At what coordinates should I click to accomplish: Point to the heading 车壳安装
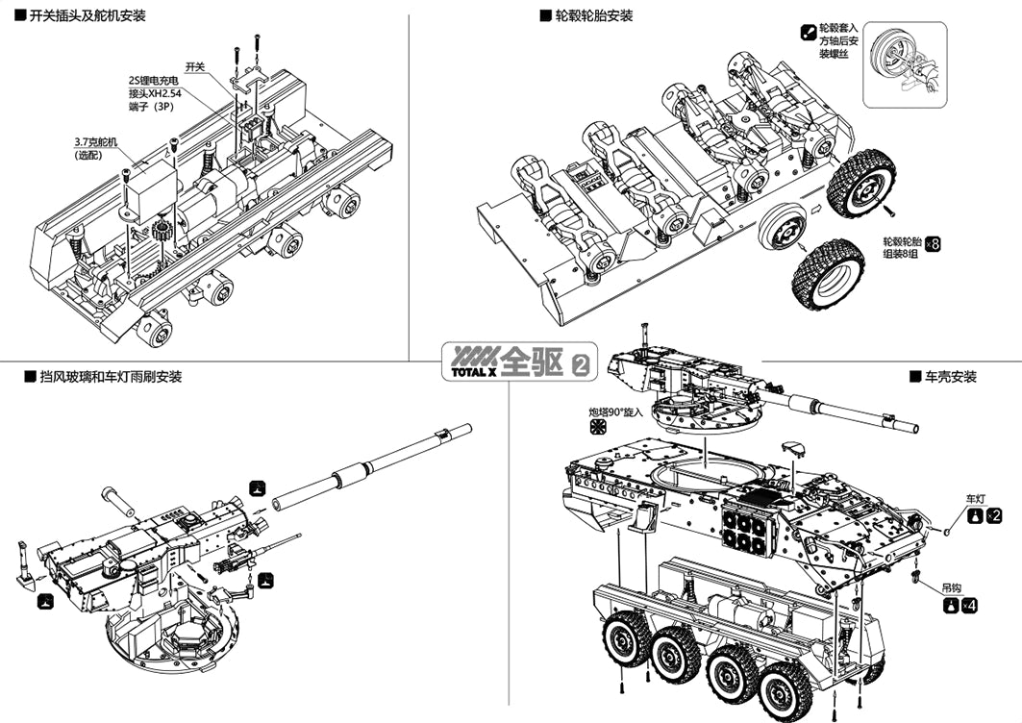click(950, 377)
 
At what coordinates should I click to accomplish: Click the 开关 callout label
click(195, 66)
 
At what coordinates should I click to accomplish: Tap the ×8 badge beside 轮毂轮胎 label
click(931, 243)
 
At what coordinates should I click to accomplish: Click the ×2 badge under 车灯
click(994, 516)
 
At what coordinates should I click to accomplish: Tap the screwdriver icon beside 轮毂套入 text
click(808, 33)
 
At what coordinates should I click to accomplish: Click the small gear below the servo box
click(160, 232)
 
